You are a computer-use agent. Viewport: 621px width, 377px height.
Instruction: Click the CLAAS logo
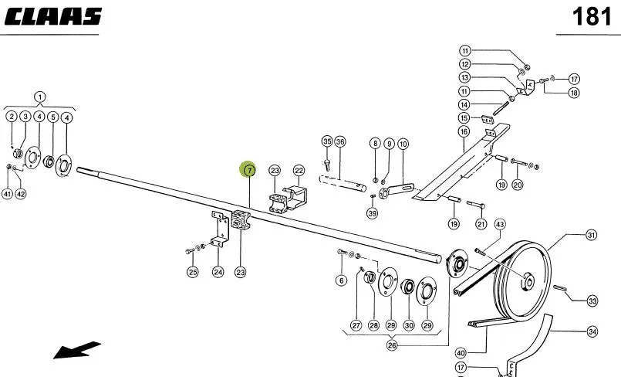(x=53, y=17)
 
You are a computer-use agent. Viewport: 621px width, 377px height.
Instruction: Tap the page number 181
(x=592, y=17)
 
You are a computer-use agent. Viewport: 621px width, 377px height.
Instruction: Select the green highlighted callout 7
(x=248, y=171)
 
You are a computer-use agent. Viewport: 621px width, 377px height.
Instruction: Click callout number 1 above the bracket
(x=39, y=97)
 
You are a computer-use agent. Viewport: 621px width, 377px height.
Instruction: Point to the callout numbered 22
(x=299, y=171)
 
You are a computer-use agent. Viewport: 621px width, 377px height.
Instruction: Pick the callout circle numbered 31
(x=591, y=235)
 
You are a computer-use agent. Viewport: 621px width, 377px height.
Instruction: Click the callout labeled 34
(x=592, y=331)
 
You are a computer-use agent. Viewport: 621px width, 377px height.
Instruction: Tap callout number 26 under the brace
(x=392, y=345)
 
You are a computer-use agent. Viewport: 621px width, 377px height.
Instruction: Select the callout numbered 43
(x=500, y=224)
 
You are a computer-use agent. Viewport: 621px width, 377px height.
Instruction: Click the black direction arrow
(x=76, y=351)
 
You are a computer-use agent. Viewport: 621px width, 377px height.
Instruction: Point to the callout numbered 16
(x=464, y=131)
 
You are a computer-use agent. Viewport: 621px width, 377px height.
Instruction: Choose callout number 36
(x=340, y=141)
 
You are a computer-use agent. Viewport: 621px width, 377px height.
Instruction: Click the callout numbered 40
(x=461, y=353)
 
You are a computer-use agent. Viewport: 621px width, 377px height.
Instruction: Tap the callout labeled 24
(x=218, y=272)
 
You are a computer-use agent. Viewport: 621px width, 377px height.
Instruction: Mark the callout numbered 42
(x=21, y=194)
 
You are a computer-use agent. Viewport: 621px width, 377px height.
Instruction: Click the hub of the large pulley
(x=528, y=281)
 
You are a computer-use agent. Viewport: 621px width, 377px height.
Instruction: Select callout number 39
(x=373, y=213)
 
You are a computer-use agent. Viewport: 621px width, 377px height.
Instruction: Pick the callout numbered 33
(x=592, y=301)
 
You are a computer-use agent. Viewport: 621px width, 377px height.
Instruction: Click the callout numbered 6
(x=342, y=280)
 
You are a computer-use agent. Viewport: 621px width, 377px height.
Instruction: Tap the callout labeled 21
(x=481, y=224)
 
